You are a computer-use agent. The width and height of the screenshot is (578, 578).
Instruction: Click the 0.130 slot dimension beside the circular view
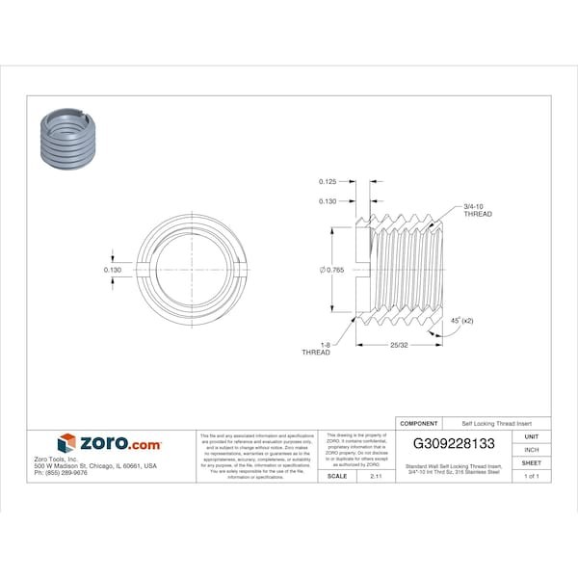click(x=112, y=269)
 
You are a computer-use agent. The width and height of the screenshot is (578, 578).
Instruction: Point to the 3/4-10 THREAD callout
click(x=477, y=211)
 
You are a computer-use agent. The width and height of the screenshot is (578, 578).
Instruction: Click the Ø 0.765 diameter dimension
click(x=333, y=269)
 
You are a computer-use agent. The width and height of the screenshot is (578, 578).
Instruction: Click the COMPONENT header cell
click(x=419, y=423)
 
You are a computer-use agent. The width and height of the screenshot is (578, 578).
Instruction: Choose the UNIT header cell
click(x=531, y=436)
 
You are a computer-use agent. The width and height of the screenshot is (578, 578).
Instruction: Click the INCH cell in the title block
click(x=531, y=450)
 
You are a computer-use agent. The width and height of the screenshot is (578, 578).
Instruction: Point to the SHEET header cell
click(x=531, y=462)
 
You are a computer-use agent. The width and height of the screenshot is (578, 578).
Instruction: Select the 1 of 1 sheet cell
click(x=531, y=476)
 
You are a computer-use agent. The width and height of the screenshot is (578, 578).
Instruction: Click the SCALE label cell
click(x=337, y=476)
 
